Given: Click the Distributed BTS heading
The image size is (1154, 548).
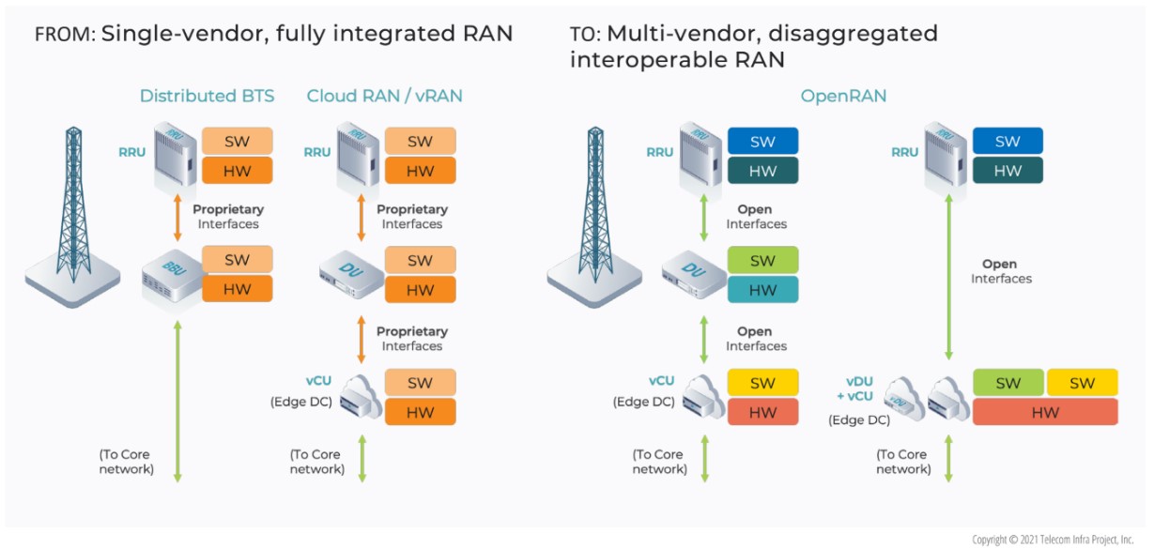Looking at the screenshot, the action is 208,96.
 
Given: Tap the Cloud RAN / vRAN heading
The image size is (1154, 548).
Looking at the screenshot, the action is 384,96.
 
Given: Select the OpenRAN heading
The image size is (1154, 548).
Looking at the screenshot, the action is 843,96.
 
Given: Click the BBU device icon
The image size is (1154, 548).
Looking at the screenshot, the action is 172,278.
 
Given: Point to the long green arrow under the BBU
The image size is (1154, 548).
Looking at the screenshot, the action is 177,402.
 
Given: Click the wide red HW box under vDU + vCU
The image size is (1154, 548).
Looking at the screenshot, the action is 1045,412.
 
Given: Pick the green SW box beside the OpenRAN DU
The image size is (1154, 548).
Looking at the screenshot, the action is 763,260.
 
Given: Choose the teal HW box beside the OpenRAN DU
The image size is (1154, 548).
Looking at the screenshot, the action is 763,289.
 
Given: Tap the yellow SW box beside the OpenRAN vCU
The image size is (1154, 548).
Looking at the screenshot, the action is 763,383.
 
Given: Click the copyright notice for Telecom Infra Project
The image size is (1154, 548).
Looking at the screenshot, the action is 1053,540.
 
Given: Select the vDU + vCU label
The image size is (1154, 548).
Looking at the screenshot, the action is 855,388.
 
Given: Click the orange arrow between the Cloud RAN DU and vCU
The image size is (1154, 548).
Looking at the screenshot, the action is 362,340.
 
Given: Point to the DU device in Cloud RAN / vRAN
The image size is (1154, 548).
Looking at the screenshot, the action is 351,276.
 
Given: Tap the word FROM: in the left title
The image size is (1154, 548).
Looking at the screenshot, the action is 66,34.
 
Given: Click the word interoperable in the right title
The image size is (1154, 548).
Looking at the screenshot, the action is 647,60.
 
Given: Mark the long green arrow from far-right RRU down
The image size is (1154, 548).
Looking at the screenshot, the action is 948,277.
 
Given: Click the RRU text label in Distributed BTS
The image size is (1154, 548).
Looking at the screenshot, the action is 131,152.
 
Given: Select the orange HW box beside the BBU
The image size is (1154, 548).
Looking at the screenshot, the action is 237,289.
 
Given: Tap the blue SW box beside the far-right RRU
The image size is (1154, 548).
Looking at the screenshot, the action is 1008,141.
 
